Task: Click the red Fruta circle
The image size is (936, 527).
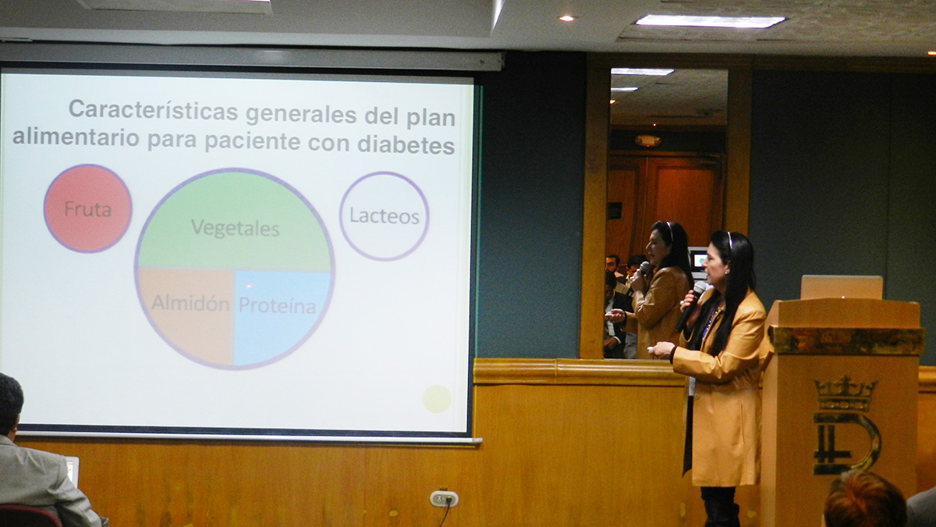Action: (87, 208)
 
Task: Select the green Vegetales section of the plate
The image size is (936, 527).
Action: (235, 222)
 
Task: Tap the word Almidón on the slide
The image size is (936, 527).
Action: (190, 303)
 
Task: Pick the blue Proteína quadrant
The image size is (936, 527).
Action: (282, 318)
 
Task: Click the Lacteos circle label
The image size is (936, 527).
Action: (385, 216)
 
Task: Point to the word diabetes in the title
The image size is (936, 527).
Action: (406, 144)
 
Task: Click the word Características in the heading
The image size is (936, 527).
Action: (154, 110)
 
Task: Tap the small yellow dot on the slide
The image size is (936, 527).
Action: (437, 399)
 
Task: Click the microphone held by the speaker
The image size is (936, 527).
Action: (691, 306)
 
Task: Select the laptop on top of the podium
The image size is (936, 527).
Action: (842, 287)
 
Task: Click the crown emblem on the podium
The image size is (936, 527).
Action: (846, 393)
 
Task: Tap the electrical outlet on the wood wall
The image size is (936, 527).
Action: (444, 499)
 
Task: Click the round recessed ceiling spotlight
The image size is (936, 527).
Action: (566, 18)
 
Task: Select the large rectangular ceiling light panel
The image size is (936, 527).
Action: (710, 21)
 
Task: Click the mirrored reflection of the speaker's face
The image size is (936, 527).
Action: (657, 247)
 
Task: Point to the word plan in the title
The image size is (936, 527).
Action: (431, 119)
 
